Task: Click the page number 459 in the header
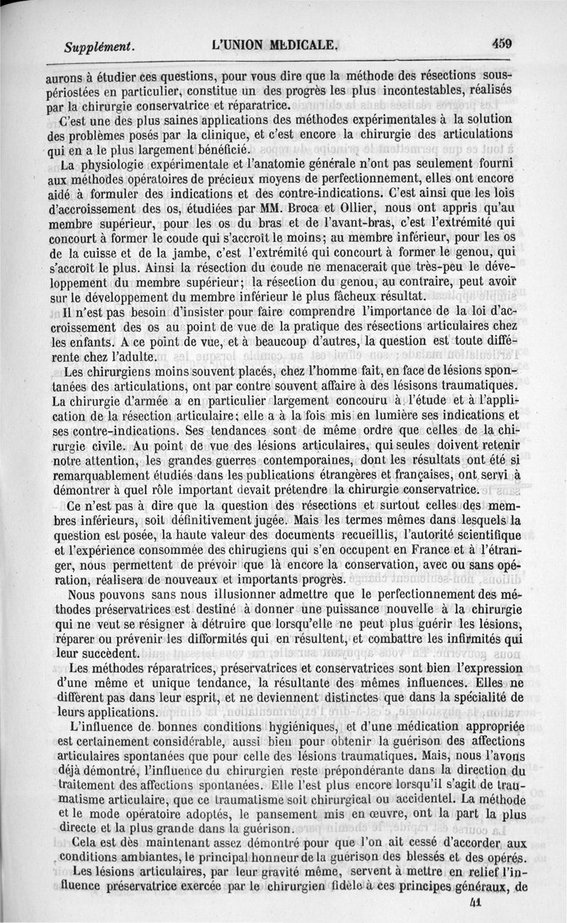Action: (x=502, y=43)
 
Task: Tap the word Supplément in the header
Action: (x=99, y=47)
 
